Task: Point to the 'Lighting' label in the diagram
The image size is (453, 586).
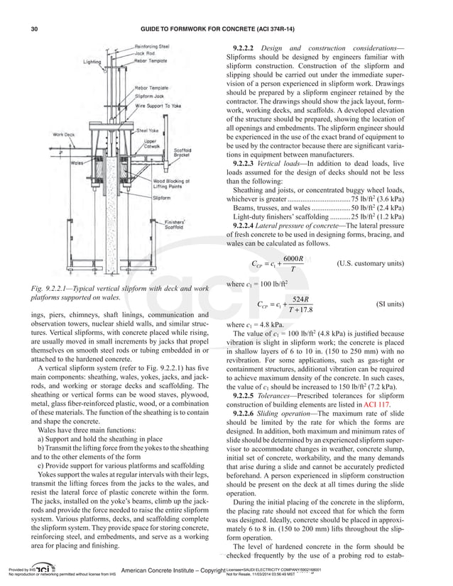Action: click(x=92, y=62)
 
